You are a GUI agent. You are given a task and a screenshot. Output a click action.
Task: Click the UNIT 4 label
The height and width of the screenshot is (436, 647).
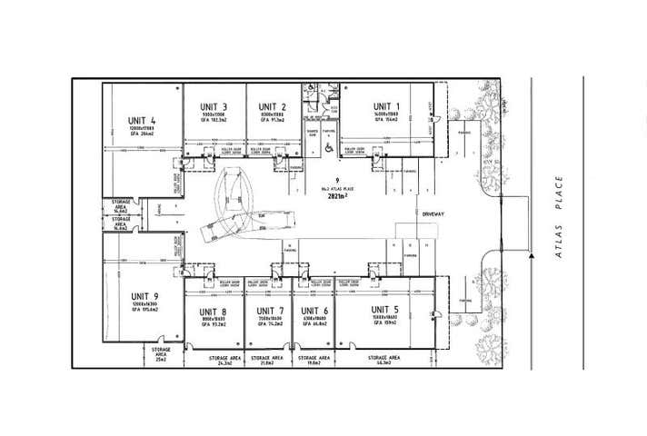141,121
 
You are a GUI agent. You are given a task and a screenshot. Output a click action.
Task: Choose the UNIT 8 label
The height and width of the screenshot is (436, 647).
213,312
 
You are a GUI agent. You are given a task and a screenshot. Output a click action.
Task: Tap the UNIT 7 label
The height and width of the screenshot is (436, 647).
269,312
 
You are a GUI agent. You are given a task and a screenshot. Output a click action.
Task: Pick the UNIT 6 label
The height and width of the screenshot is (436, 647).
314,312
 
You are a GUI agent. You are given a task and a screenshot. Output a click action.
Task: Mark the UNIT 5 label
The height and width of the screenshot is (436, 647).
385,310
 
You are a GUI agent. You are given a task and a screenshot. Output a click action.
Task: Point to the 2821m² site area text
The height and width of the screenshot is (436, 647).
337,193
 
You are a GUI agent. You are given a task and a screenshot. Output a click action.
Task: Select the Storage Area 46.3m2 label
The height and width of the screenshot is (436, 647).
384,362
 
